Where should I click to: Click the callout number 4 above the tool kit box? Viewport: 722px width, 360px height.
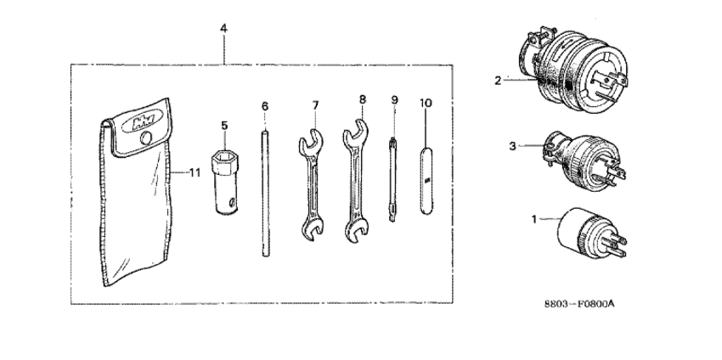[x=223, y=28]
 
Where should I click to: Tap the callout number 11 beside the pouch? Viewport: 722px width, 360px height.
[x=194, y=172]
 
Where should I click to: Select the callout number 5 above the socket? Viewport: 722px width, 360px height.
[x=225, y=126]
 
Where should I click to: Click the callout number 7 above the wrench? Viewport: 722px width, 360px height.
[x=314, y=105]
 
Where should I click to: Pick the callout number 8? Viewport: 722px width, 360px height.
[x=362, y=99]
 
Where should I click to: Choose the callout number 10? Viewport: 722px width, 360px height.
[x=426, y=103]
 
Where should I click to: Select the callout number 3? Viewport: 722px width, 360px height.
[x=512, y=146]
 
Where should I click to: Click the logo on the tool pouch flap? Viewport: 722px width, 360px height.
[x=135, y=118]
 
